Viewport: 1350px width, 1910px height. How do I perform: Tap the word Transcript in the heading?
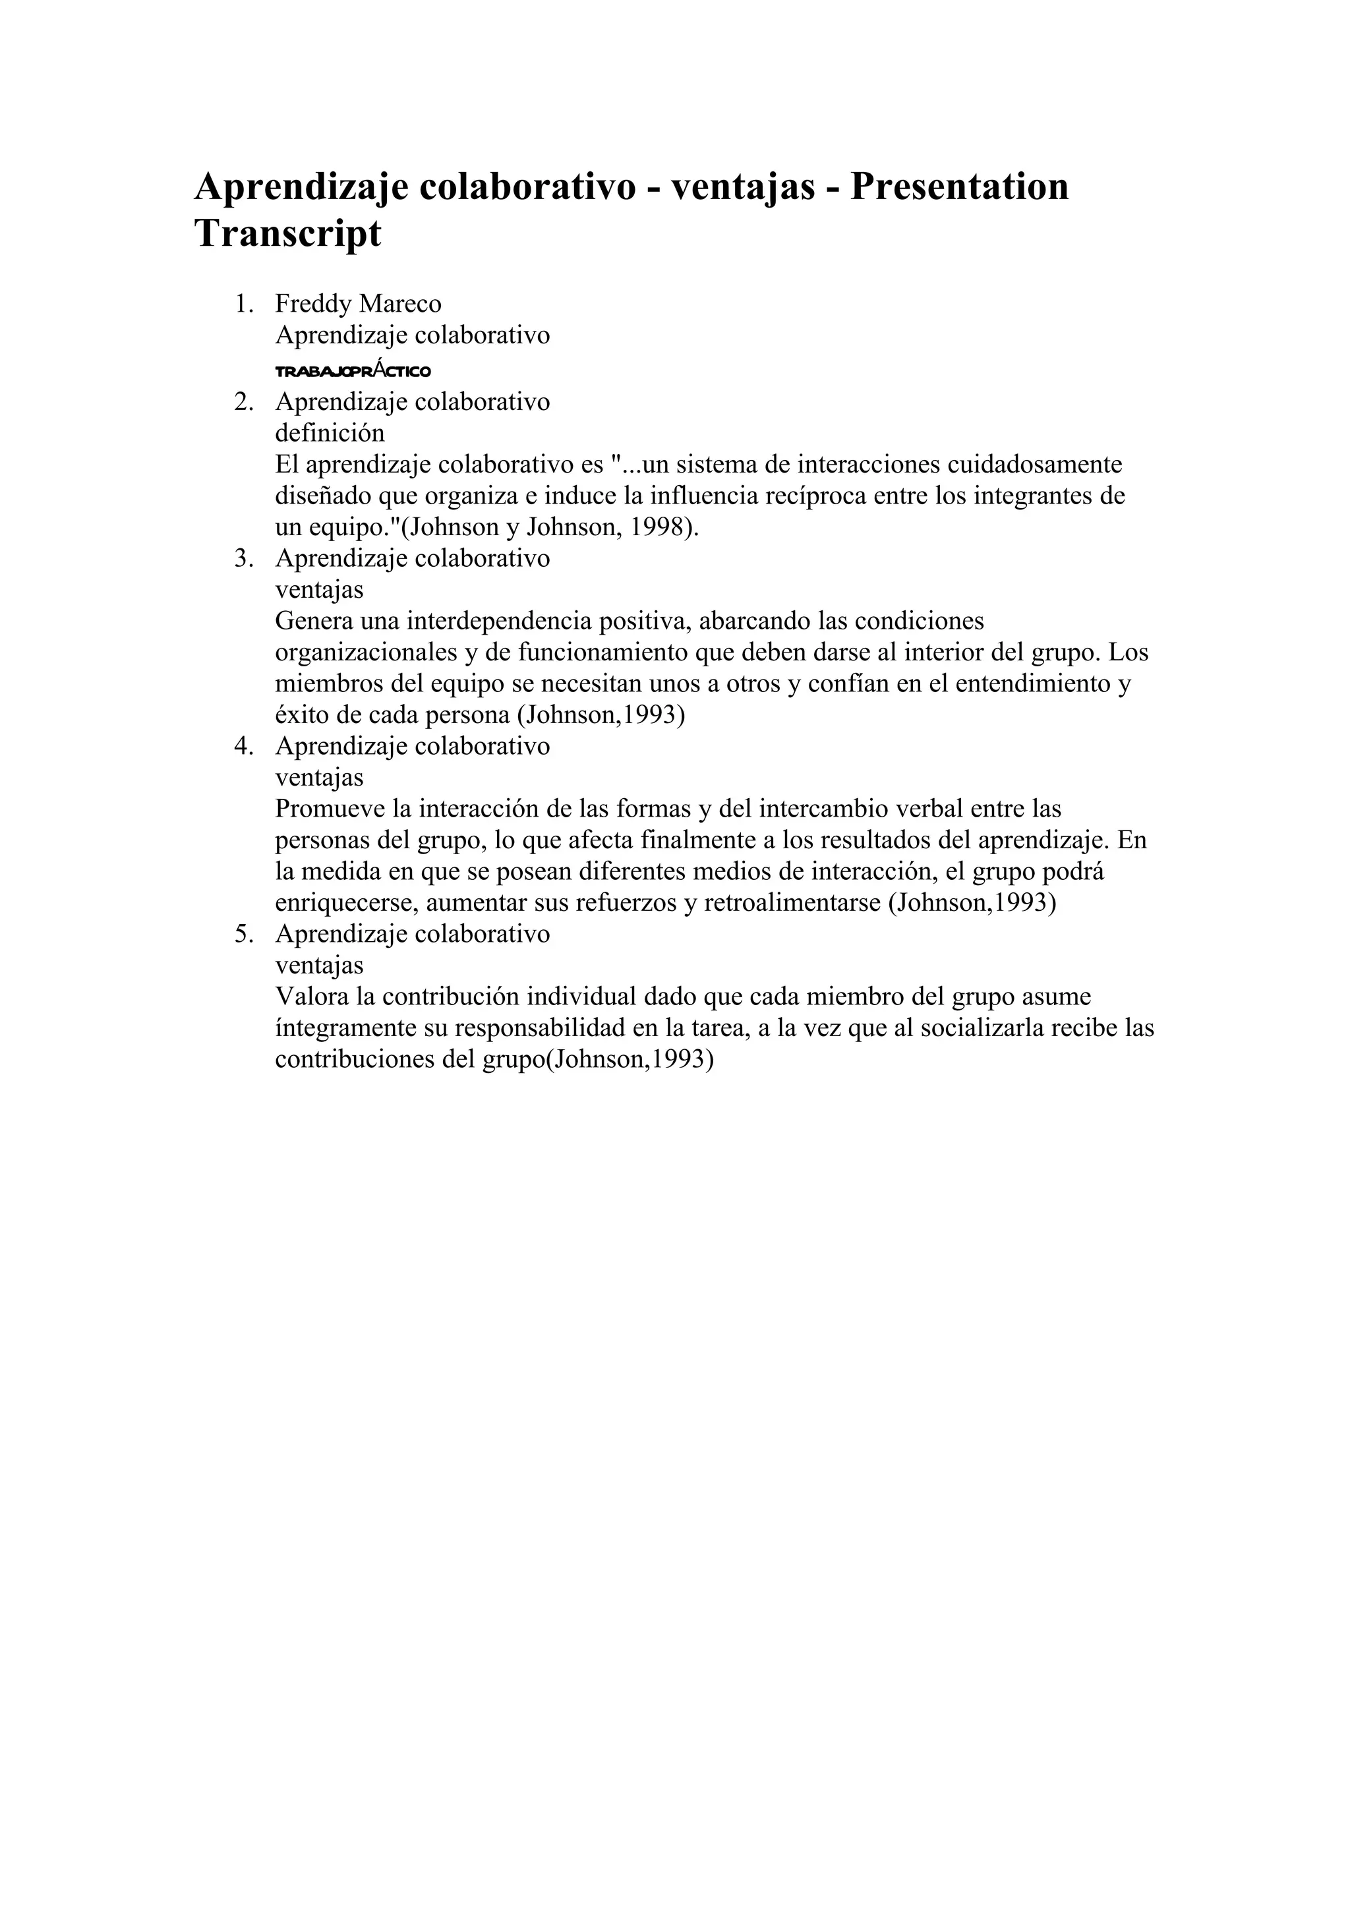coord(288,234)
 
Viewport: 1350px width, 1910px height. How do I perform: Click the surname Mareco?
coord(400,304)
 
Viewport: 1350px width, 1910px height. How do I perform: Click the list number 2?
coord(243,402)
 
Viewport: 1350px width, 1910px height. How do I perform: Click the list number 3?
coord(243,558)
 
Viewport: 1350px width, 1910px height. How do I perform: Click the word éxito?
coord(302,715)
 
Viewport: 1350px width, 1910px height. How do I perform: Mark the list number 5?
coord(243,934)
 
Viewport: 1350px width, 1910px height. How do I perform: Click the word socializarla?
coord(972,1029)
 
